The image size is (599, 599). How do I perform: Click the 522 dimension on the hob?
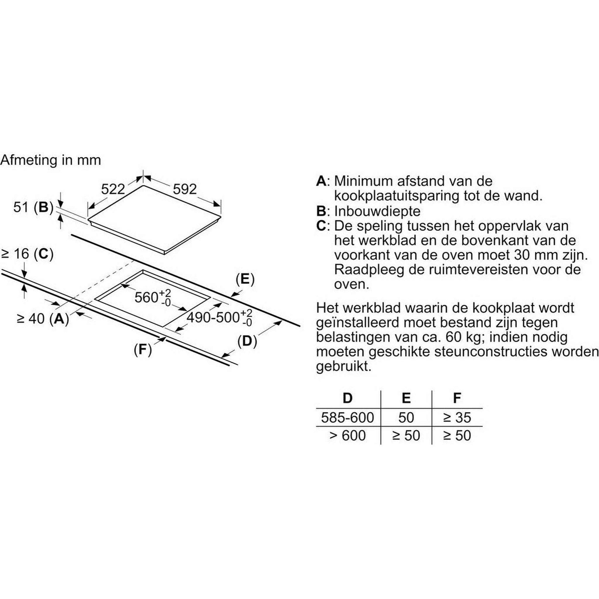coord(113,189)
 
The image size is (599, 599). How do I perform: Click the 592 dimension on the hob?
coord(185,189)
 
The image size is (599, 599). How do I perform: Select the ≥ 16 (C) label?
coord(28,254)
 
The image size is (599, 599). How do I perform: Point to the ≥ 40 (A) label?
coord(43,318)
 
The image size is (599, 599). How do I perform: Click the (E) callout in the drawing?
coord(245,279)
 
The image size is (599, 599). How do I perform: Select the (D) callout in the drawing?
coord(247,341)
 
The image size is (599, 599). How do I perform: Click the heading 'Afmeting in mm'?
coord(51,160)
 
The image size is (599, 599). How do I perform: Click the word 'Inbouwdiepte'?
coord(377,211)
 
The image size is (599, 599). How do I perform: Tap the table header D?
coord(348,398)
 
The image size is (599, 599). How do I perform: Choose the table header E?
coord(406,398)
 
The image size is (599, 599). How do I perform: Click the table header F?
coord(457,398)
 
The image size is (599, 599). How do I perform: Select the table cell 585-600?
coord(348,418)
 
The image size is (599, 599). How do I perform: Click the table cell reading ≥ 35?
coord(457,418)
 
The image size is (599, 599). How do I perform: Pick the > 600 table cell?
coord(348,435)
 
